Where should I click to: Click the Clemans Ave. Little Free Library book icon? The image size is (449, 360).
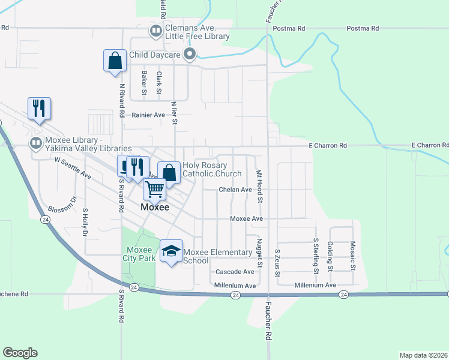click(155, 30)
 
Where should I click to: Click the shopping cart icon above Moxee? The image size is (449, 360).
click(155, 189)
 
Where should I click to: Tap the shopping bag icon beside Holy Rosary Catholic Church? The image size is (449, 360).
click(169, 172)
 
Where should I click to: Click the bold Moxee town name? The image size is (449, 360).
click(155, 207)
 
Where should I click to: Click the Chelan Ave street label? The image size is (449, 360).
click(235, 190)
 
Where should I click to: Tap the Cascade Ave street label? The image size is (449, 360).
click(235, 272)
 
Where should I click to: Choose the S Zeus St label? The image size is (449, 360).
click(277, 263)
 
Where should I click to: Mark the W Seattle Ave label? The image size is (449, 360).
click(73, 168)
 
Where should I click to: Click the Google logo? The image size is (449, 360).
click(20, 353)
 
